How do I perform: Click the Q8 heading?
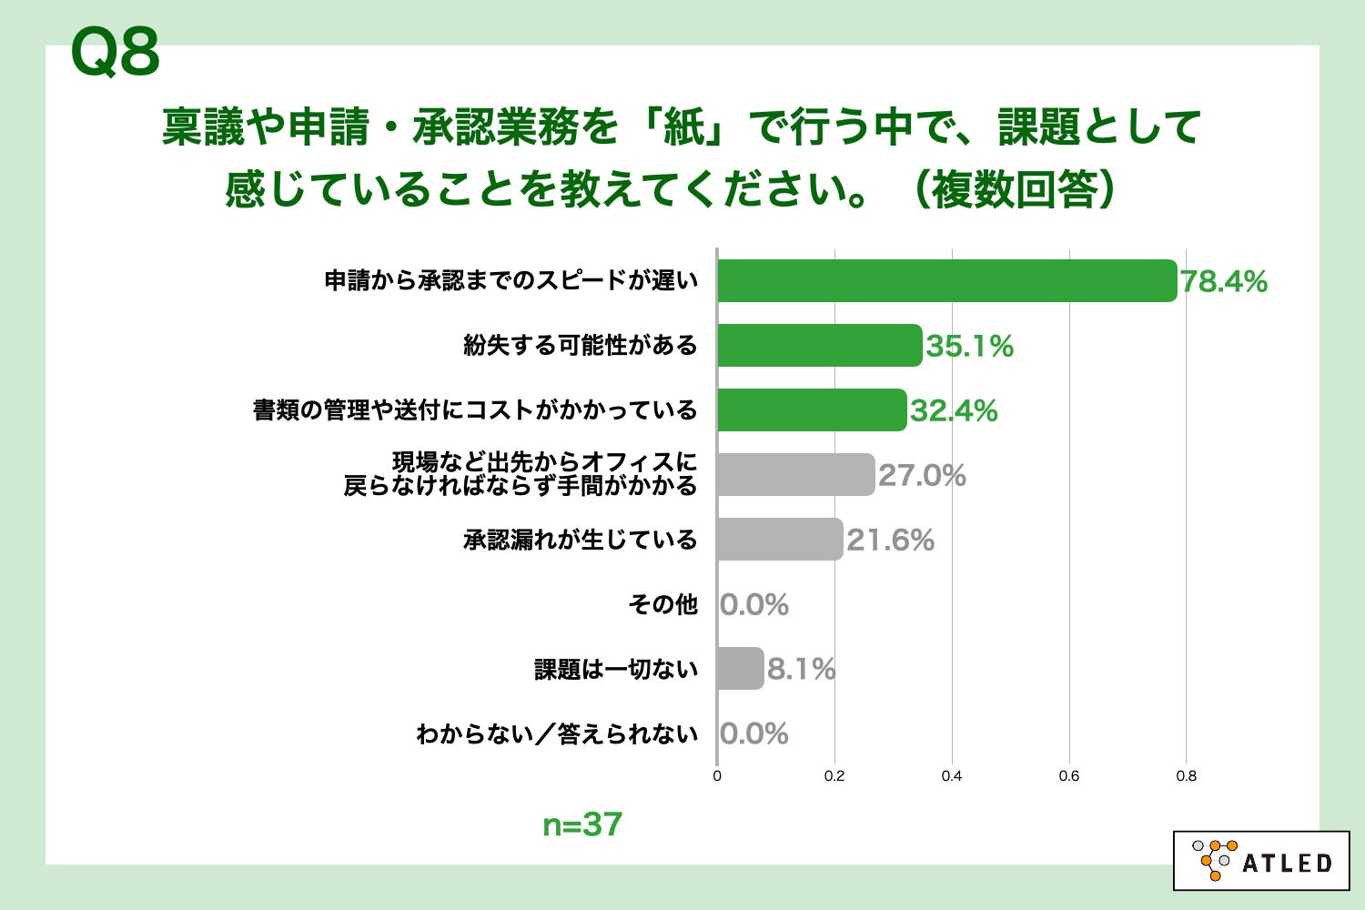point(115,53)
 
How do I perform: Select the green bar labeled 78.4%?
point(946,280)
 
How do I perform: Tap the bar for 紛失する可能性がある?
point(819,346)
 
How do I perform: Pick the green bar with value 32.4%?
point(812,410)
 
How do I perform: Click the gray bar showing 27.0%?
point(795,475)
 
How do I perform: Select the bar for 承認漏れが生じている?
point(780,540)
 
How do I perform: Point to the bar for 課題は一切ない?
point(740,669)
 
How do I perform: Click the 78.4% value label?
point(1224,282)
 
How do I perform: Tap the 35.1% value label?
point(969,347)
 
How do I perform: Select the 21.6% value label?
point(890,541)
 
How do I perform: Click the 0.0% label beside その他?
point(754,605)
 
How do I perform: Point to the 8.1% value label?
point(801,670)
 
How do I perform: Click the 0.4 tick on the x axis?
point(952,776)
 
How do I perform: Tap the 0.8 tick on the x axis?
point(1186,776)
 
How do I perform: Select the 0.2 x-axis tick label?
point(834,776)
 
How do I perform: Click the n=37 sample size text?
point(582,824)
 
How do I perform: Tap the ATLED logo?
point(1261,860)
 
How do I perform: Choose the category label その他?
point(662,604)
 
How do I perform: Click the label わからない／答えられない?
point(557,733)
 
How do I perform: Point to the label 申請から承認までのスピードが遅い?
point(511,280)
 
